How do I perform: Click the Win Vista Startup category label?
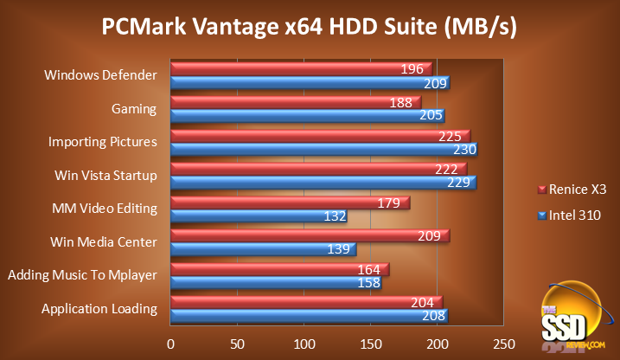[105, 176]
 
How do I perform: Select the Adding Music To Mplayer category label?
[82, 275]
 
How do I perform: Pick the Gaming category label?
[134, 109]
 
